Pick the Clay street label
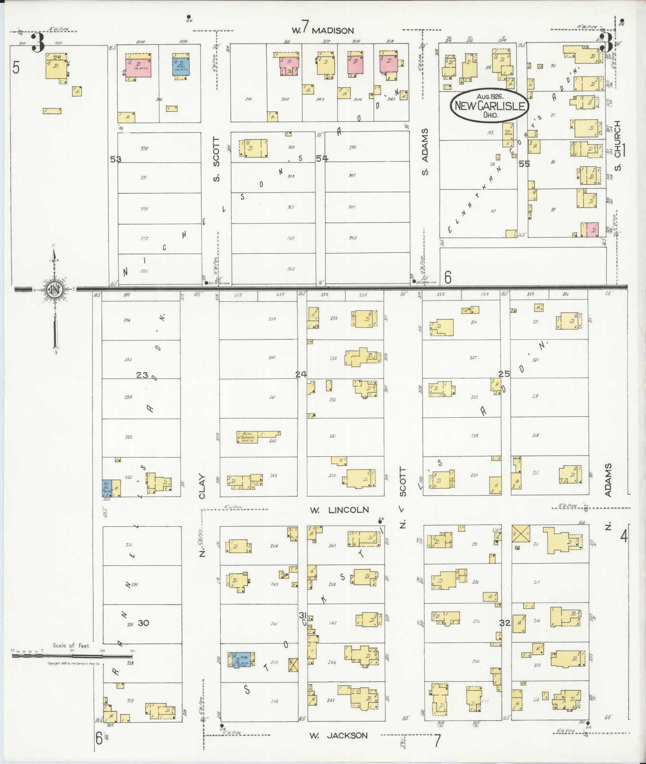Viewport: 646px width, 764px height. pos(202,486)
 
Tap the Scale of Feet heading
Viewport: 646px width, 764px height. pos(71,645)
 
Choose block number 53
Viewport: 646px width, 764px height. pos(115,159)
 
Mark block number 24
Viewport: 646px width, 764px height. pos(301,374)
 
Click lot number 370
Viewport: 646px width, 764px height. pos(144,149)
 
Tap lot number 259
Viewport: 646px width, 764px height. pos(272,319)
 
